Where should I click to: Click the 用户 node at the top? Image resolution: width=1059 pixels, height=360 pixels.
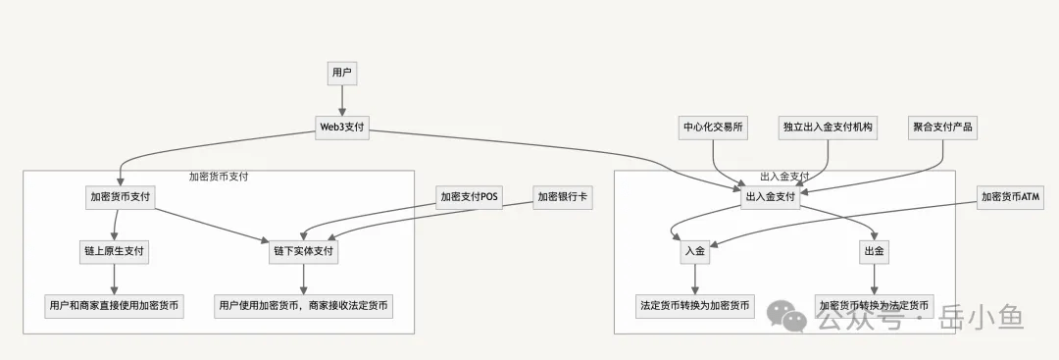[341, 74]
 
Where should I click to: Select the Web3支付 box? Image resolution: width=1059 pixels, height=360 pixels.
[341, 128]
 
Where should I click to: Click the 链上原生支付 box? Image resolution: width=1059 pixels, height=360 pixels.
[114, 251]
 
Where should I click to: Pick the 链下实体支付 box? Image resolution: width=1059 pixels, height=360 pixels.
[303, 251]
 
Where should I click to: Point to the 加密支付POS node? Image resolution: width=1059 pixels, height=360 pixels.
[470, 197]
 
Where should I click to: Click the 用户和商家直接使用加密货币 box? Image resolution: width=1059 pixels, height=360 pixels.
[114, 305]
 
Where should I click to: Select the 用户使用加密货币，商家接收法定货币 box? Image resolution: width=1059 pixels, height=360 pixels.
[303, 305]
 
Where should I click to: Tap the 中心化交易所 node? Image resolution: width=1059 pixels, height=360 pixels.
[712, 128]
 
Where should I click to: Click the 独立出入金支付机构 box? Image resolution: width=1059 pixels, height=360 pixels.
[828, 128]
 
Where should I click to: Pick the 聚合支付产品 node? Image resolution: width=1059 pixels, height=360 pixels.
[943, 128]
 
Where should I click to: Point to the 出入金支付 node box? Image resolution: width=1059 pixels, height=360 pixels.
[771, 197]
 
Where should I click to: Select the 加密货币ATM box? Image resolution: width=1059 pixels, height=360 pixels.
[1010, 197]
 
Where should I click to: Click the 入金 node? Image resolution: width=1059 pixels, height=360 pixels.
[695, 251]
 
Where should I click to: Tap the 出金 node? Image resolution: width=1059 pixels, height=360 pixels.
[874, 251]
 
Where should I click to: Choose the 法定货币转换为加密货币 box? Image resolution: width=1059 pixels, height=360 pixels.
[695, 305]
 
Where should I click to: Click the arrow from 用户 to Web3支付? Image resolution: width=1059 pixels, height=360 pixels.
[341, 100]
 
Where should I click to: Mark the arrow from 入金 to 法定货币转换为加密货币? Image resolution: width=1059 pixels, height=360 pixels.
[695, 279]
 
